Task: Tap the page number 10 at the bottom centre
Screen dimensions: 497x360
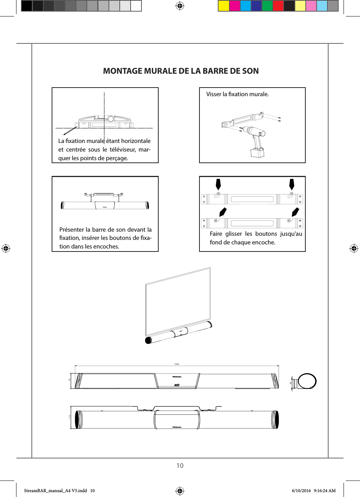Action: pos(180,466)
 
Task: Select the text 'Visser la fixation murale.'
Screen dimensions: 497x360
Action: pos(237,94)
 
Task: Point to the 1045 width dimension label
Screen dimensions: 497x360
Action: pos(177,364)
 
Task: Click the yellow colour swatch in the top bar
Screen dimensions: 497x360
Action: pos(224,6)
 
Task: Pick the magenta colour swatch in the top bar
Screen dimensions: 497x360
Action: pos(235,6)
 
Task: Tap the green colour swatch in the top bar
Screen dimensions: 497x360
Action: pos(267,6)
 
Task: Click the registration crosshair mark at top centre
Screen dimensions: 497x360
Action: pos(180,6)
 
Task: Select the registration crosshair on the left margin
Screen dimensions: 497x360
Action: pos(6,248)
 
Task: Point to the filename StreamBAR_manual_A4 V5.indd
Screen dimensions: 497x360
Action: pos(55,491)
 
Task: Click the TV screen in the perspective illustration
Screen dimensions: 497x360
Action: pos(178,301)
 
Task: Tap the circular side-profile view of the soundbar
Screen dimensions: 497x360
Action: pos(307,382)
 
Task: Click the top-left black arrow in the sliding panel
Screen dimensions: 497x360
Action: pos(218,184)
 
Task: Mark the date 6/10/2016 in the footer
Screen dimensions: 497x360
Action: pos(301,491)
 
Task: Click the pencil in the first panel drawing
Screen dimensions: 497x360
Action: pos(70,131)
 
